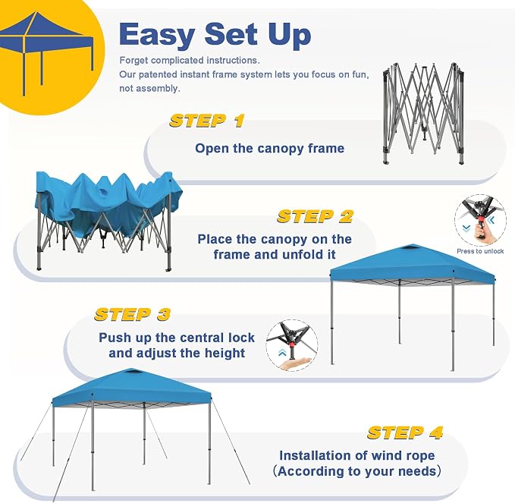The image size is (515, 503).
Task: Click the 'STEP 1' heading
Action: (x=207, y=121)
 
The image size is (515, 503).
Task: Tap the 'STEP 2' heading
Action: (x=316, y=216)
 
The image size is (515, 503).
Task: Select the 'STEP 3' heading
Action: (x=133, y=314)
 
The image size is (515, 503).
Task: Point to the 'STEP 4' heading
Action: (x=405, y=432)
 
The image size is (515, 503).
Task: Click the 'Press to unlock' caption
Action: (x=480, y=251)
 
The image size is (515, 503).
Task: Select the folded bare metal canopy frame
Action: (x=424, y=113)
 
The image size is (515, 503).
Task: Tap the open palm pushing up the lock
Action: (x=294, y=363)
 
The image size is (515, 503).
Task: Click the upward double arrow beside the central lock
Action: (x=282, y=353)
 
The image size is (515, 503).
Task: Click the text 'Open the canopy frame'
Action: (x=270, y=148)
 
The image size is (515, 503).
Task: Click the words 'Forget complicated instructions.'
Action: (x=190, y=61)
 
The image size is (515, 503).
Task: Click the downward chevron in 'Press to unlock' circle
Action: (x=466, y=228)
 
